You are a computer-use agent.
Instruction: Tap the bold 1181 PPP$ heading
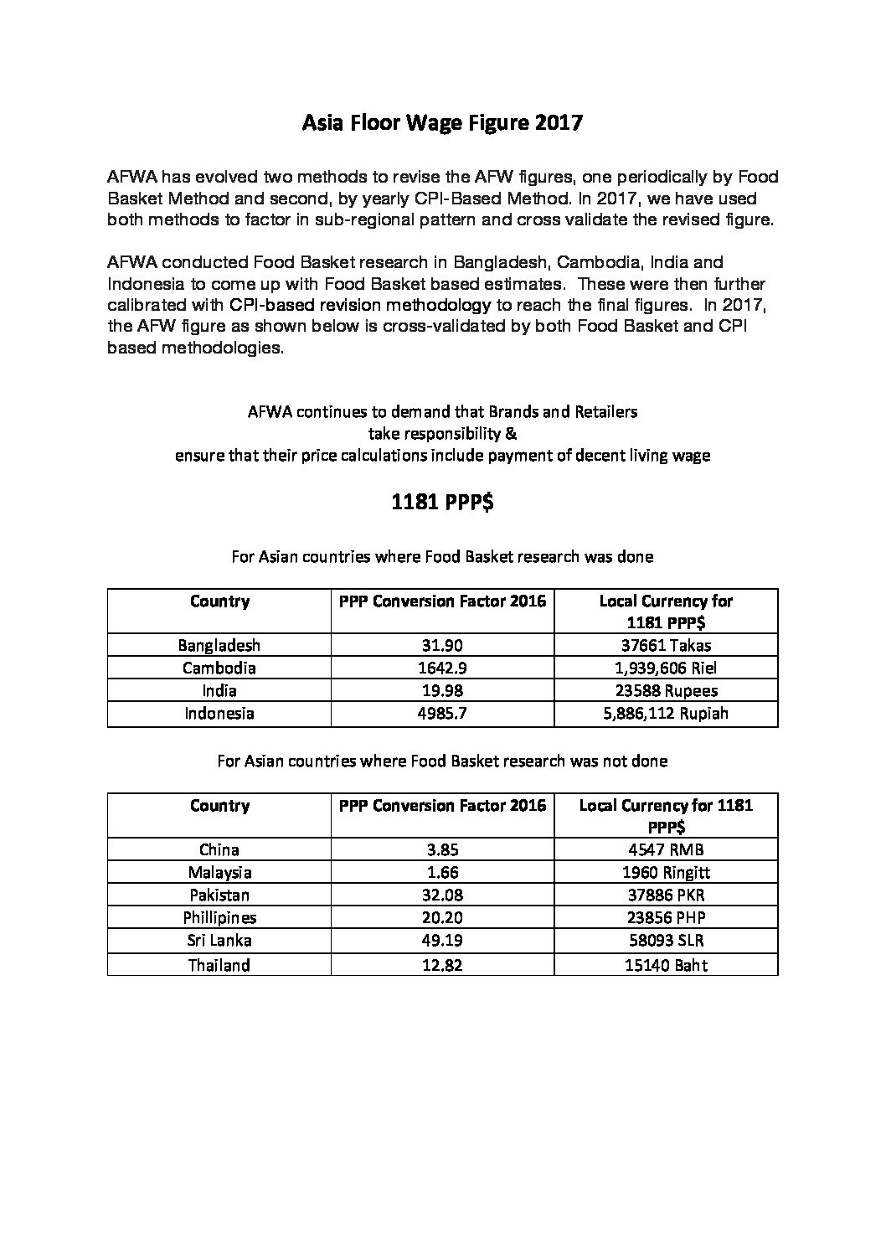click(x=442, y=503)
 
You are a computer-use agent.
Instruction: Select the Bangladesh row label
click(x=219, y=645)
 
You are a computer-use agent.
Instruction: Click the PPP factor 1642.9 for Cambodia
click(x=442, y=668)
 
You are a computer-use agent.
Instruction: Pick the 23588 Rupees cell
click(x=666, y=690)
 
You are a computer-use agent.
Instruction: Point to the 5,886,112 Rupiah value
click(x=666, y=713)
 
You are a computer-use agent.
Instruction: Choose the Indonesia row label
click(x=219, y=713)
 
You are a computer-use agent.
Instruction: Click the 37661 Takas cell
click(x=666, y=645)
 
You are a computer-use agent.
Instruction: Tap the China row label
click(x=219, y=849)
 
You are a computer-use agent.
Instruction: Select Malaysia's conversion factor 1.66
click(x=442, y=872)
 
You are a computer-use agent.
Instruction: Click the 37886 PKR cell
click(x=666, y=895)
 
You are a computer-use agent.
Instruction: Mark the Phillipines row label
click(x=219, y=917)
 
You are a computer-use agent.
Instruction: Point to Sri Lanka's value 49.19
click(x=442, y=940)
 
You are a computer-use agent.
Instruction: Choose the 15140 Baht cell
click(x=666, y=965)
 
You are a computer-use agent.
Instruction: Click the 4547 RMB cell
click(x=666, y=849)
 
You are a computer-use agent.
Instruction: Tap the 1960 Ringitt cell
click(x=666, y=872)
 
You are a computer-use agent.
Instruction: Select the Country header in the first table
click(x=219, y=601)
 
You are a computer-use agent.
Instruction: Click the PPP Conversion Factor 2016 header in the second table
click(x=442, y=805)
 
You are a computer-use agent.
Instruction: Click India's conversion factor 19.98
click(x=442, y=690)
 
